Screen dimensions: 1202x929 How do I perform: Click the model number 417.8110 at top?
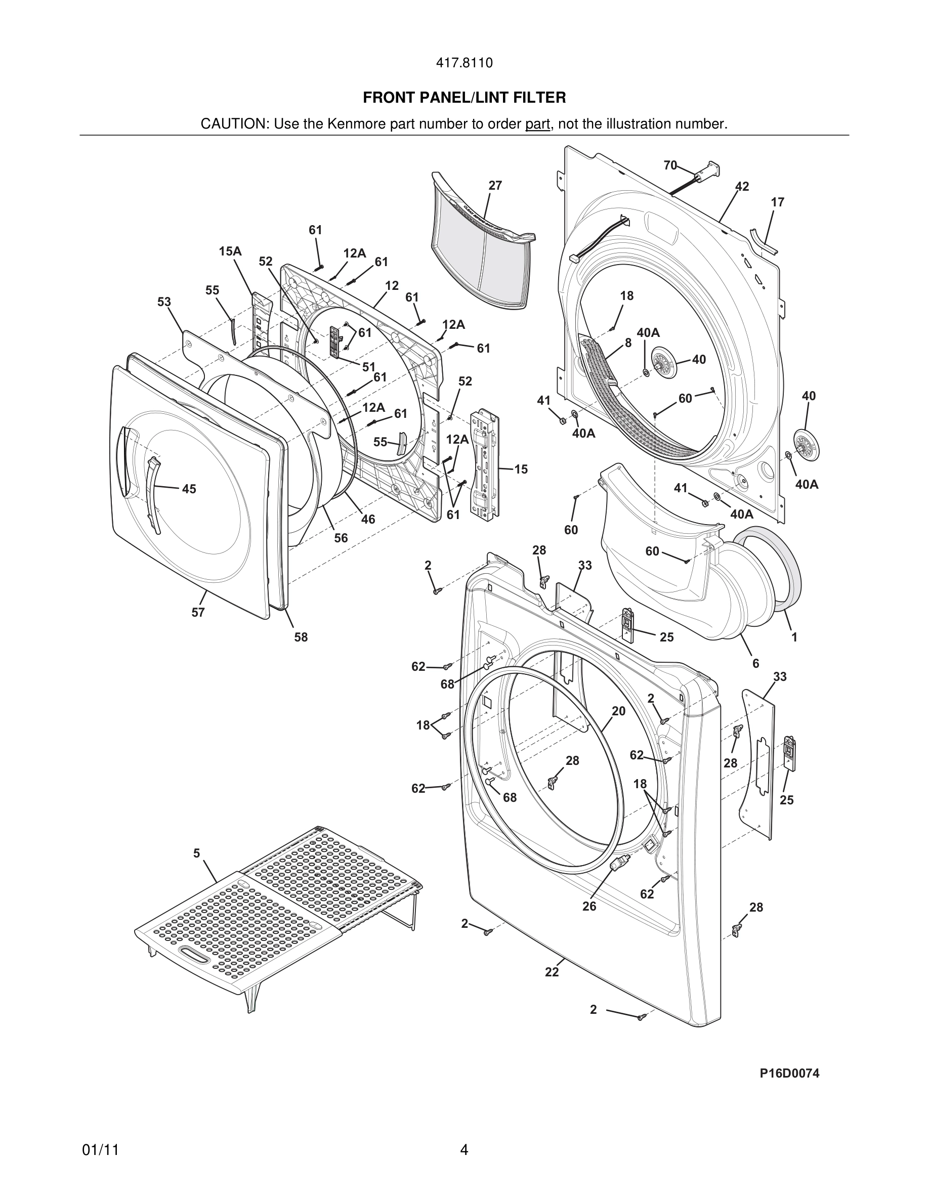464,63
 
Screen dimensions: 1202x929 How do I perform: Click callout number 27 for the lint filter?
495,186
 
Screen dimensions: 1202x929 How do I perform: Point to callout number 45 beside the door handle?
189,489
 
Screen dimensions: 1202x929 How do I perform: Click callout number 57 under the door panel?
198,612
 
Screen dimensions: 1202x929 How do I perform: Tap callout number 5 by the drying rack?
196,853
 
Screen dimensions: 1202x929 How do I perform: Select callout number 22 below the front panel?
552,972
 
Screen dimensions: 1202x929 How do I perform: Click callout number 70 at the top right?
670,165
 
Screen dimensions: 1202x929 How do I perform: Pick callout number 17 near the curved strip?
777,202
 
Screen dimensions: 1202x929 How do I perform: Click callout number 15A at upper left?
230,251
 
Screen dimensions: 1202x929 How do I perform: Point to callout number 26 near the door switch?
589,906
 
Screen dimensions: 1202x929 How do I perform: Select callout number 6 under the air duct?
755,664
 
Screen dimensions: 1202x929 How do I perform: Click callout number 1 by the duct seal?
794,637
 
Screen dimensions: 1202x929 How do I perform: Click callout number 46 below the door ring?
368,519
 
